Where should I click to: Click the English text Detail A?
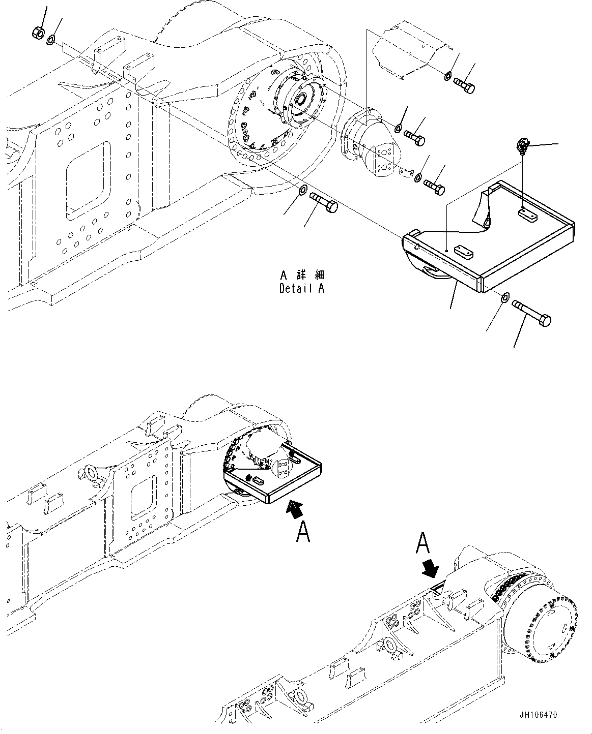(302, 288)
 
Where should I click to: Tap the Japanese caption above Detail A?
(302, 276)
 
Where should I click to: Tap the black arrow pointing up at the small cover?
(293, 508)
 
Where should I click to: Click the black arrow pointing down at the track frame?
(431, 569)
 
